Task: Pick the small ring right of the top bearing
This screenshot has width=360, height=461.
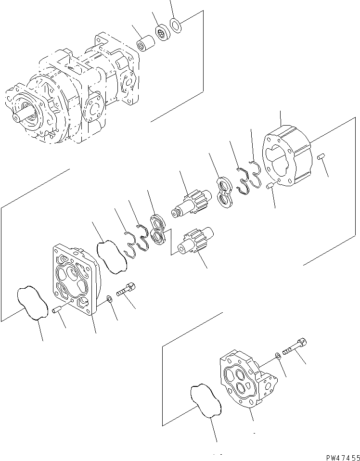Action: click(x=176, y=25)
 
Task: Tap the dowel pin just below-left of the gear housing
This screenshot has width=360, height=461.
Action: click(x=270, y=186)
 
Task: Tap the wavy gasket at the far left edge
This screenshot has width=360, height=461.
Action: click(x=32, y=303)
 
